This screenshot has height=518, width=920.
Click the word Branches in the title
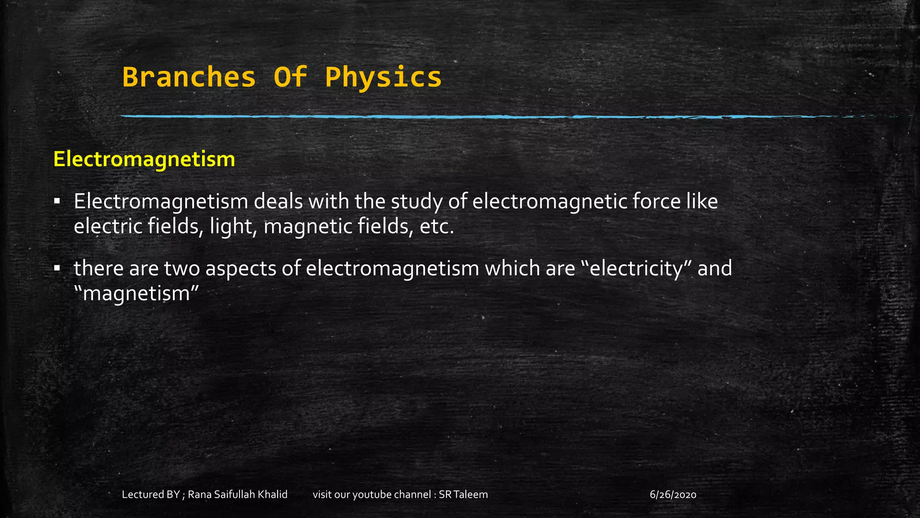189,77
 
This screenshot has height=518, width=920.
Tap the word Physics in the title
383,77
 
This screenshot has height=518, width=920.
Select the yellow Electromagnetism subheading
144,159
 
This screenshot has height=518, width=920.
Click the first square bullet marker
57,201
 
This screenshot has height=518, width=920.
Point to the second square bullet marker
57,268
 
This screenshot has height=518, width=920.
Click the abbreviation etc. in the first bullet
437,226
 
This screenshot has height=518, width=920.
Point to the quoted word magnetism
136,294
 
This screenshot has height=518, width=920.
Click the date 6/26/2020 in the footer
673,495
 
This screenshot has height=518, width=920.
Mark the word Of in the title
290,77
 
